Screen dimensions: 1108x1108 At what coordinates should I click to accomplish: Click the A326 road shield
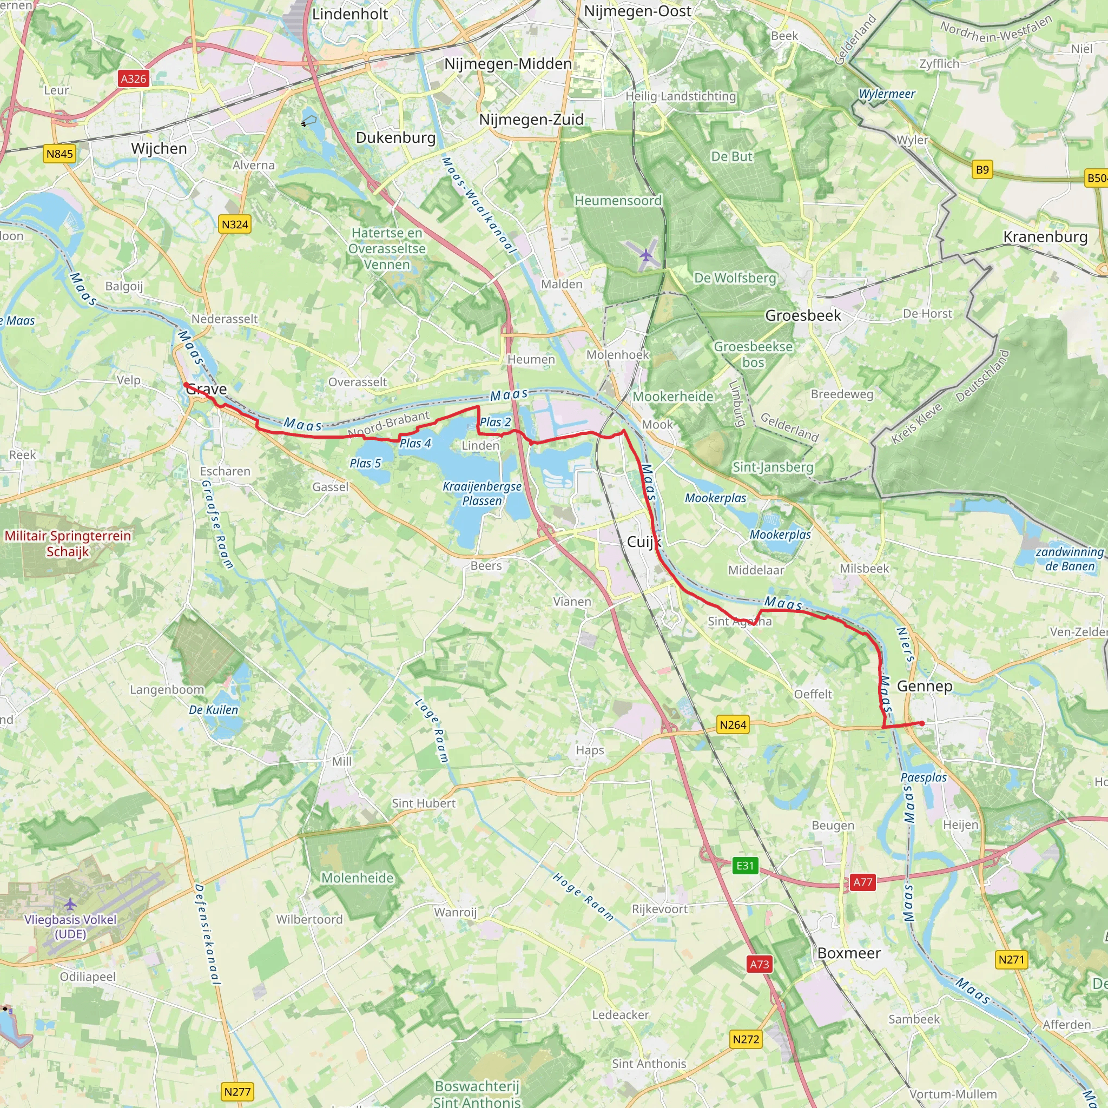coord(134,78)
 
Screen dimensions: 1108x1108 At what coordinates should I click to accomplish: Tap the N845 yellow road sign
coord(60,154)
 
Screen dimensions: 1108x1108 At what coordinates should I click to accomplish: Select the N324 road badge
coord(235,224)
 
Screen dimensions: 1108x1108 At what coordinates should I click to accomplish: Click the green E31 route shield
coord(745,866)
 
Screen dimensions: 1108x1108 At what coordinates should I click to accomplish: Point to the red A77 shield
coord(862,882)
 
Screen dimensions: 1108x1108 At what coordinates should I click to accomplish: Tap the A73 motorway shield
coord(759,964)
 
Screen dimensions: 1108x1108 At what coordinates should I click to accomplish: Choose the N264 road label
coord(733,724)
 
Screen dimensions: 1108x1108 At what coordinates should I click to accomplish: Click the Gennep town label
coord(925,686)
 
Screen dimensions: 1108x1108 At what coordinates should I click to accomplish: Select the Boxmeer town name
coord(849,953)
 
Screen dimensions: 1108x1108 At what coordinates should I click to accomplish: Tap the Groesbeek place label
coord(803,315)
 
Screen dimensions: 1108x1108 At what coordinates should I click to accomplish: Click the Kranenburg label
coord(1045,237)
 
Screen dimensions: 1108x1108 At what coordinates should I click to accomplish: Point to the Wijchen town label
coord(159,149)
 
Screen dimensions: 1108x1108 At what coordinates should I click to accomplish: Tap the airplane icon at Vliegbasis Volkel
coord(70,905)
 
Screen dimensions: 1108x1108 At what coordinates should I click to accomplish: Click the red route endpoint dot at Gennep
coord(921,724)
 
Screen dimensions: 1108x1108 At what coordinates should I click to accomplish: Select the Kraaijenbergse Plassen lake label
coord(482,493)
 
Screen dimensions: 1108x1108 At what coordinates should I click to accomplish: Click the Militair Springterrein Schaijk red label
coord(68,543)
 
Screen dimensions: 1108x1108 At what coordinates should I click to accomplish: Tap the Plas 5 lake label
coord(365,463)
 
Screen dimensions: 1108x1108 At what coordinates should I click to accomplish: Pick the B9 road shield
coord(982,169)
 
